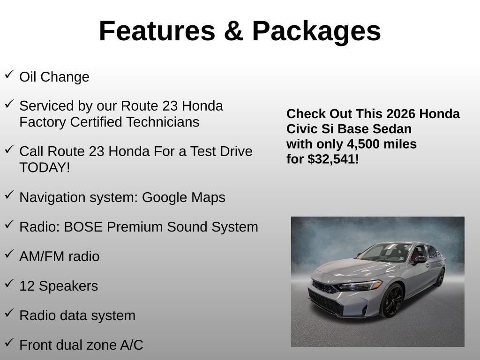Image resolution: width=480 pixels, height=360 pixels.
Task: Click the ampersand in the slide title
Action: point(233,31)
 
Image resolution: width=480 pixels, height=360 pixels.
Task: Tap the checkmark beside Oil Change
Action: point(9,75)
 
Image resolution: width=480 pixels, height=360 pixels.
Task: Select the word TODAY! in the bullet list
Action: point(45,167)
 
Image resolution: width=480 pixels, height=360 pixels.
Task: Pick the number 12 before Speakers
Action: point(27,286)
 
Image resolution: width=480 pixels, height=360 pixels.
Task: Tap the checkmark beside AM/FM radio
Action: point(9,254)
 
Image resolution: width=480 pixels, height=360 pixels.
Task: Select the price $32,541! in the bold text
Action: point(333,159)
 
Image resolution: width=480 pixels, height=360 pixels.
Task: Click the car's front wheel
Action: point(392,300)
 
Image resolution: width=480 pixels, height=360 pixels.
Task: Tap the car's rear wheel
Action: point(440,277)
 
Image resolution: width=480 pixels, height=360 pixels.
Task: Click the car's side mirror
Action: point(420,260)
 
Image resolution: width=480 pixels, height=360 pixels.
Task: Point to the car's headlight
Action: point(360,285)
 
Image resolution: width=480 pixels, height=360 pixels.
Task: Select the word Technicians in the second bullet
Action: point(163,122)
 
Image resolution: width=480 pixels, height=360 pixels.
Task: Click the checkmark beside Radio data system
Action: point(9,313)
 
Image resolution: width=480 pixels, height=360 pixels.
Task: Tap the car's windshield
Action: point(385,253)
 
